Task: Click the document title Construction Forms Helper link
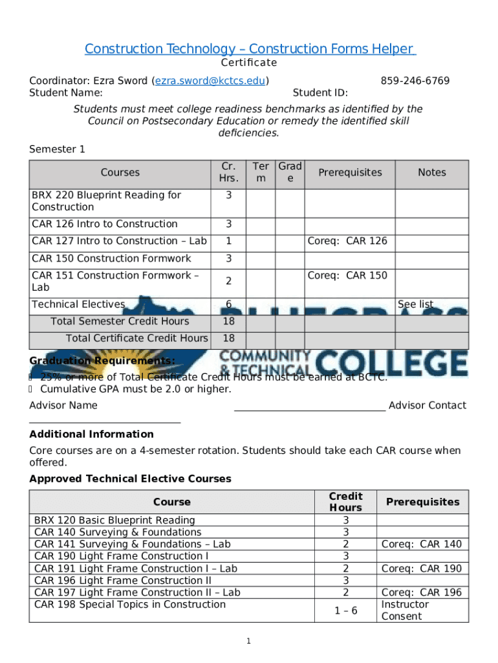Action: click(x=249, y=49)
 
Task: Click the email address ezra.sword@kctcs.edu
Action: click(x=210, y=81)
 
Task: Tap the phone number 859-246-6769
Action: click(x=415, y=81)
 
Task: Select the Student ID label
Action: click(x=320, y=93)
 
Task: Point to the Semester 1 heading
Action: click(x=57, y=150)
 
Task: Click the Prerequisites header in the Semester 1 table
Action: click(x=350, y=172)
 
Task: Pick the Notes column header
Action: click(x=431, y=172)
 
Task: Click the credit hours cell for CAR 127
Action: click(x=228, y=242)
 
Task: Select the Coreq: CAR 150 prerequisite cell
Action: click(x=347, y=276)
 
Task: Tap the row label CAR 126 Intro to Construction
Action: click(x=104, y=224)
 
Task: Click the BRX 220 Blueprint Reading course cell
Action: click(x=106, y=201)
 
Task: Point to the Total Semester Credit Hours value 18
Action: click(x=228, y=322)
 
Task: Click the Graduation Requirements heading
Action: click(x=102, y=361)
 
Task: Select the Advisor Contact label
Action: click(x=427, y=405)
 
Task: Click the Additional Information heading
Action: click(x=91, y=434)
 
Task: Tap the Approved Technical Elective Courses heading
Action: click(x=130, y=479)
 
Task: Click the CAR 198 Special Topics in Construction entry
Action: click(x=130, y=605)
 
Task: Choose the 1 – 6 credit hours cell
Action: click(x=345, y=611)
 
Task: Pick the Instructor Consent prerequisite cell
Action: click(x=405, y=611)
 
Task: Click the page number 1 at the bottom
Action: click(x=248, y=641)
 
